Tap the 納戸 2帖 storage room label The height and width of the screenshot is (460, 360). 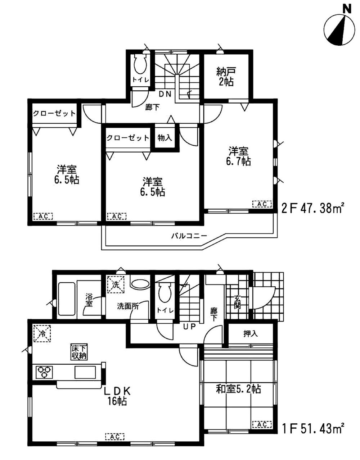[x=226, y=76]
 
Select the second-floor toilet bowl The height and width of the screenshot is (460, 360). [x=140, y=65]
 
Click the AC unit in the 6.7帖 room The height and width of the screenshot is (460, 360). [x=262, y=204]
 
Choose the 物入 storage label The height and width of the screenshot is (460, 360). [x=165, y=138]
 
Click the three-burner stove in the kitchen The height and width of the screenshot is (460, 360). [x=44, y=372]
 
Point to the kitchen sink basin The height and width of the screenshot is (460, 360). [x=85, y=372]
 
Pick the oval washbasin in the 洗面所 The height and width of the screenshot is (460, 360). [x=140, y=284]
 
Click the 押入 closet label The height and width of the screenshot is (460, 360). [x=251, y=334]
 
